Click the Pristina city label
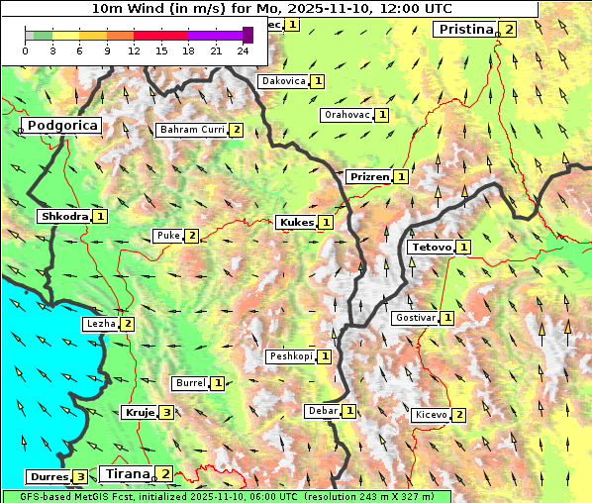point(465,30)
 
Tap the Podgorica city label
point(61,126)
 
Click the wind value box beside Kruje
point(166,412)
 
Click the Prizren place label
point(368,177)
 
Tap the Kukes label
point(296,223)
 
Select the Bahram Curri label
point(192,130)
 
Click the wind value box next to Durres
point(79,476)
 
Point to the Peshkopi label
point(290,356)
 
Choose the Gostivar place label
point(415,318)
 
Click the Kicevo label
point(432,415)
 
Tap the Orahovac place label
point(346,115)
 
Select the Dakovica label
point(282,81)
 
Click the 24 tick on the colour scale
point(243,50)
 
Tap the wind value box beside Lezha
point(128,324)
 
